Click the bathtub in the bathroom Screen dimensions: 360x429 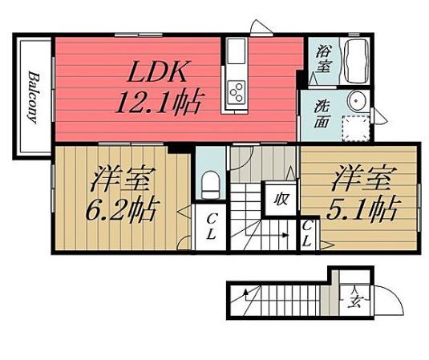(x=354, y=59)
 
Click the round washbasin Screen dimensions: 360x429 (x=358, y=101)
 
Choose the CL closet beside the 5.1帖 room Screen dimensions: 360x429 (x=308, y=234)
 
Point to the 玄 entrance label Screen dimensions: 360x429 (x=354, y=303)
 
